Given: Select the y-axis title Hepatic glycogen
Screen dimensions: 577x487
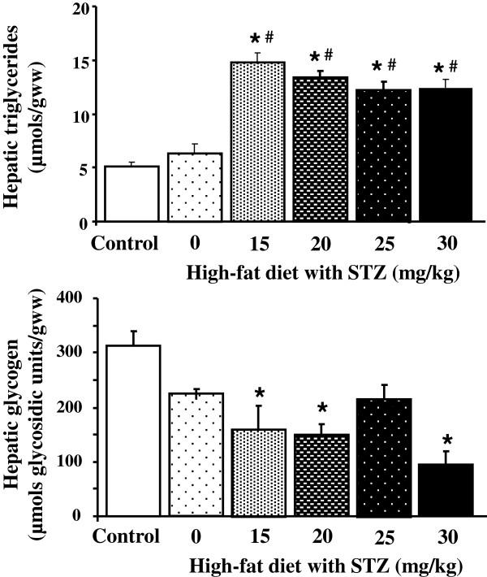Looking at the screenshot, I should (x=24, y=406).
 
